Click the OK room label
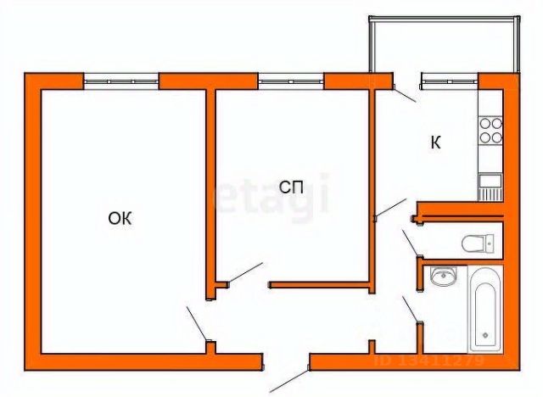pos(120,219)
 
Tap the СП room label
pos(292,188)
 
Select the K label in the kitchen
pos(435,143)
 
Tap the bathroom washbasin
pos(442,277)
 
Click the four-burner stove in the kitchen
pos(490,130)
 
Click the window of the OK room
pos(121,81)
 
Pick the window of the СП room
pos(291,81)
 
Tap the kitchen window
pos(450,81)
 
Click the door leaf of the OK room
pos(196,324)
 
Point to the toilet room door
pos(411,243)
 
